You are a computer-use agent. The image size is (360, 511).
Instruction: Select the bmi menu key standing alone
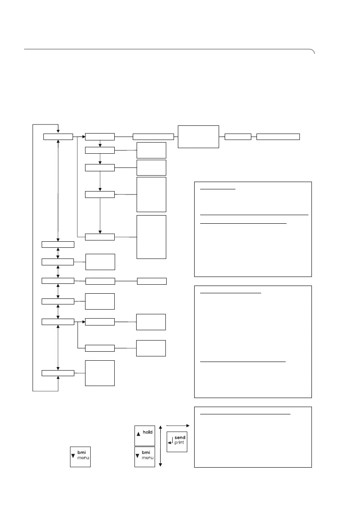point(80,457)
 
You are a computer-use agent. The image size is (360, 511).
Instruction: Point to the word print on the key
point(180,443)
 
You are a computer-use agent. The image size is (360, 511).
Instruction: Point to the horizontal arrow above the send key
point(177,425)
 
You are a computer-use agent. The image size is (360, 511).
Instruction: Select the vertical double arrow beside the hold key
point(160,446)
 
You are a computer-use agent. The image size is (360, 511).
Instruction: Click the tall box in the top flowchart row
point(198,137)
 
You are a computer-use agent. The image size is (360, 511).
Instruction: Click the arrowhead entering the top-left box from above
point(58,131)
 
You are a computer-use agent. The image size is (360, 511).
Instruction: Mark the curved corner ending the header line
point(313,52)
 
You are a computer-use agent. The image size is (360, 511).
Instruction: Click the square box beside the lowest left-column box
point(100,373)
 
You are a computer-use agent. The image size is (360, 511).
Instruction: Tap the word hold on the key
point(147,432)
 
